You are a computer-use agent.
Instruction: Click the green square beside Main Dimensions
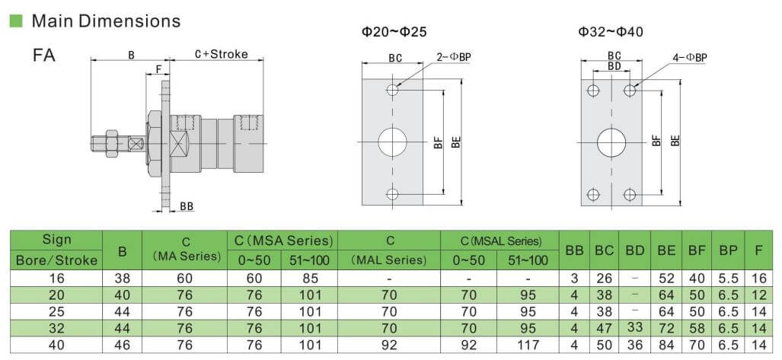pos(17,21)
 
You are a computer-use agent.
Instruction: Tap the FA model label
pos(44,55)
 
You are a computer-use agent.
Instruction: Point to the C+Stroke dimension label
pos(222,54)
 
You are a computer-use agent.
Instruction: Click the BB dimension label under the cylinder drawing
pos(187,206)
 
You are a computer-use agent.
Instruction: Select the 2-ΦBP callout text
pos(454,57)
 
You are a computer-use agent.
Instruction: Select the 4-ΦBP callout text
pos(690,58)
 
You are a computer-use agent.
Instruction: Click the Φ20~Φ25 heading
pos(394,33)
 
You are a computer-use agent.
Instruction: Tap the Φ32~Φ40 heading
pos(611,33)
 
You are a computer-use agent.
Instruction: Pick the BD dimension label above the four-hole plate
pos(614,65)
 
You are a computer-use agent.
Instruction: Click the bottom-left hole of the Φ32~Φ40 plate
pos(593,194)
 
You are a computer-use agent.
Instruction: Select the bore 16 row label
pos(56,279)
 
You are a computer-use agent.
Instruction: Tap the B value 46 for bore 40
pos(122,345)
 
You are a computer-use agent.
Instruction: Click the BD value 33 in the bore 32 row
pos(635,327)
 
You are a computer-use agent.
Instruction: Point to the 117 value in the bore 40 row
pos(528,345)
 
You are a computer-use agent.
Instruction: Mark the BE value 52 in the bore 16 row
pos(666,279)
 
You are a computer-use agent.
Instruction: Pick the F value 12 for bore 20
pos(758,295)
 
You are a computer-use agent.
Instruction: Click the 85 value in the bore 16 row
pos(309,279)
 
